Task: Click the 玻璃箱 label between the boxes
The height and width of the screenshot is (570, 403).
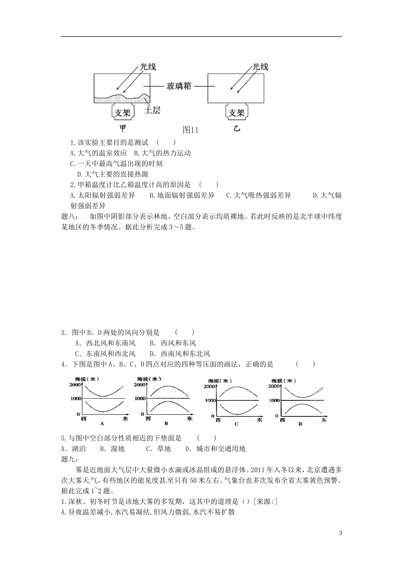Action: pos(179,86)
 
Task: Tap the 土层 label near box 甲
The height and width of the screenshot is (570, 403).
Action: pos(152,111)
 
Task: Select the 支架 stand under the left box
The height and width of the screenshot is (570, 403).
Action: pos(123,113)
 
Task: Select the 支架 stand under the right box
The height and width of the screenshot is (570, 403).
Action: pos(236,113)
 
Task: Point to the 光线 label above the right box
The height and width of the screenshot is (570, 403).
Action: pos(260,67)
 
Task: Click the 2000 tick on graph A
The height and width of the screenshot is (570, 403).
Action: pos(75,385)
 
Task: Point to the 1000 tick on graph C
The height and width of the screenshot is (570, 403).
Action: pos(210,400)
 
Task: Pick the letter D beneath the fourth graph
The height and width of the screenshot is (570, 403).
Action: pos(300,423)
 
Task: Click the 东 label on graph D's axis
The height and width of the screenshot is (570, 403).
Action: pos(324,420)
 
